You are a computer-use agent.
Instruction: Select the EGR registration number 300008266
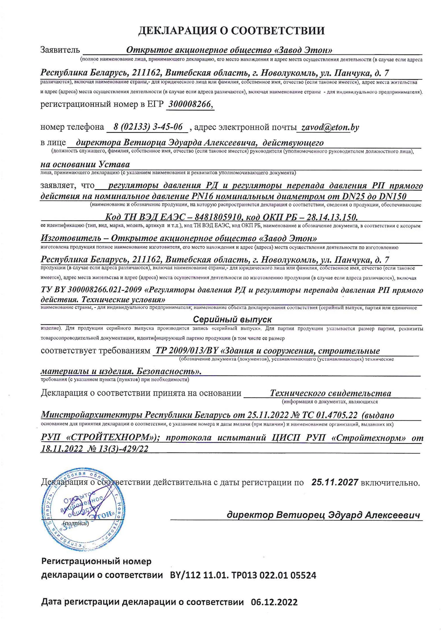click(x=190, y=104)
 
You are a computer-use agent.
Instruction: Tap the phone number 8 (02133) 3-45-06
click(x=148, y=127)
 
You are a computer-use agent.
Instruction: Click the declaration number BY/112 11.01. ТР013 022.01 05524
click(x=243, y=575)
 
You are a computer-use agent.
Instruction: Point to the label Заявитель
click(x=60, y=50)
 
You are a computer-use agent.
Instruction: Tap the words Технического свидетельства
click(x=330, y=393)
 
